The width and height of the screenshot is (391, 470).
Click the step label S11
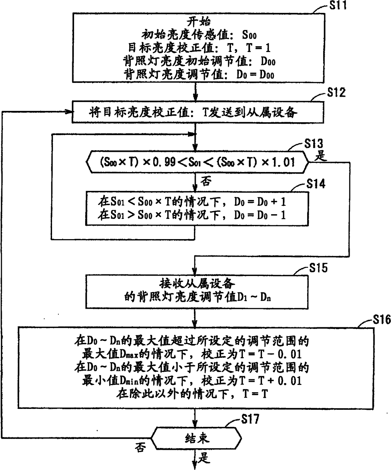tap(338, 5)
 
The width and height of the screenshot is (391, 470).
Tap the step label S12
tap(336, 93)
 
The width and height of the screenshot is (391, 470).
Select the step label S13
tap(314, 144)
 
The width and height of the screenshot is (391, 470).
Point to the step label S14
tap(316, 184)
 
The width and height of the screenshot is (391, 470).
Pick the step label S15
tap(318, 268)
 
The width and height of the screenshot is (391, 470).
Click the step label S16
tap(382, 320)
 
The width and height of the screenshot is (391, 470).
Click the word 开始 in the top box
tap(199, 22)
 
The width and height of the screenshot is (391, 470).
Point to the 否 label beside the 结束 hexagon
tap(140, 447)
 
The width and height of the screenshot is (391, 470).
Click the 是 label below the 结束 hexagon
tap(204, 458)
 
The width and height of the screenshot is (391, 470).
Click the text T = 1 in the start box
tap(258, 48)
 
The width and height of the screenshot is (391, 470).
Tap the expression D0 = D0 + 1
tap(260, 202)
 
